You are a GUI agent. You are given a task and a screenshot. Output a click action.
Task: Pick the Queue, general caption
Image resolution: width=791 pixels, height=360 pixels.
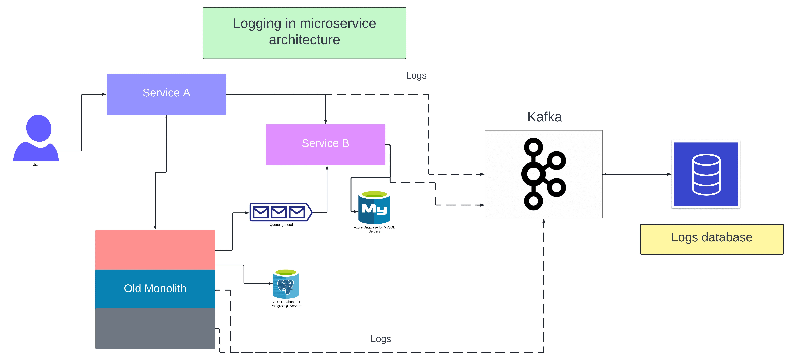click(281, 225)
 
